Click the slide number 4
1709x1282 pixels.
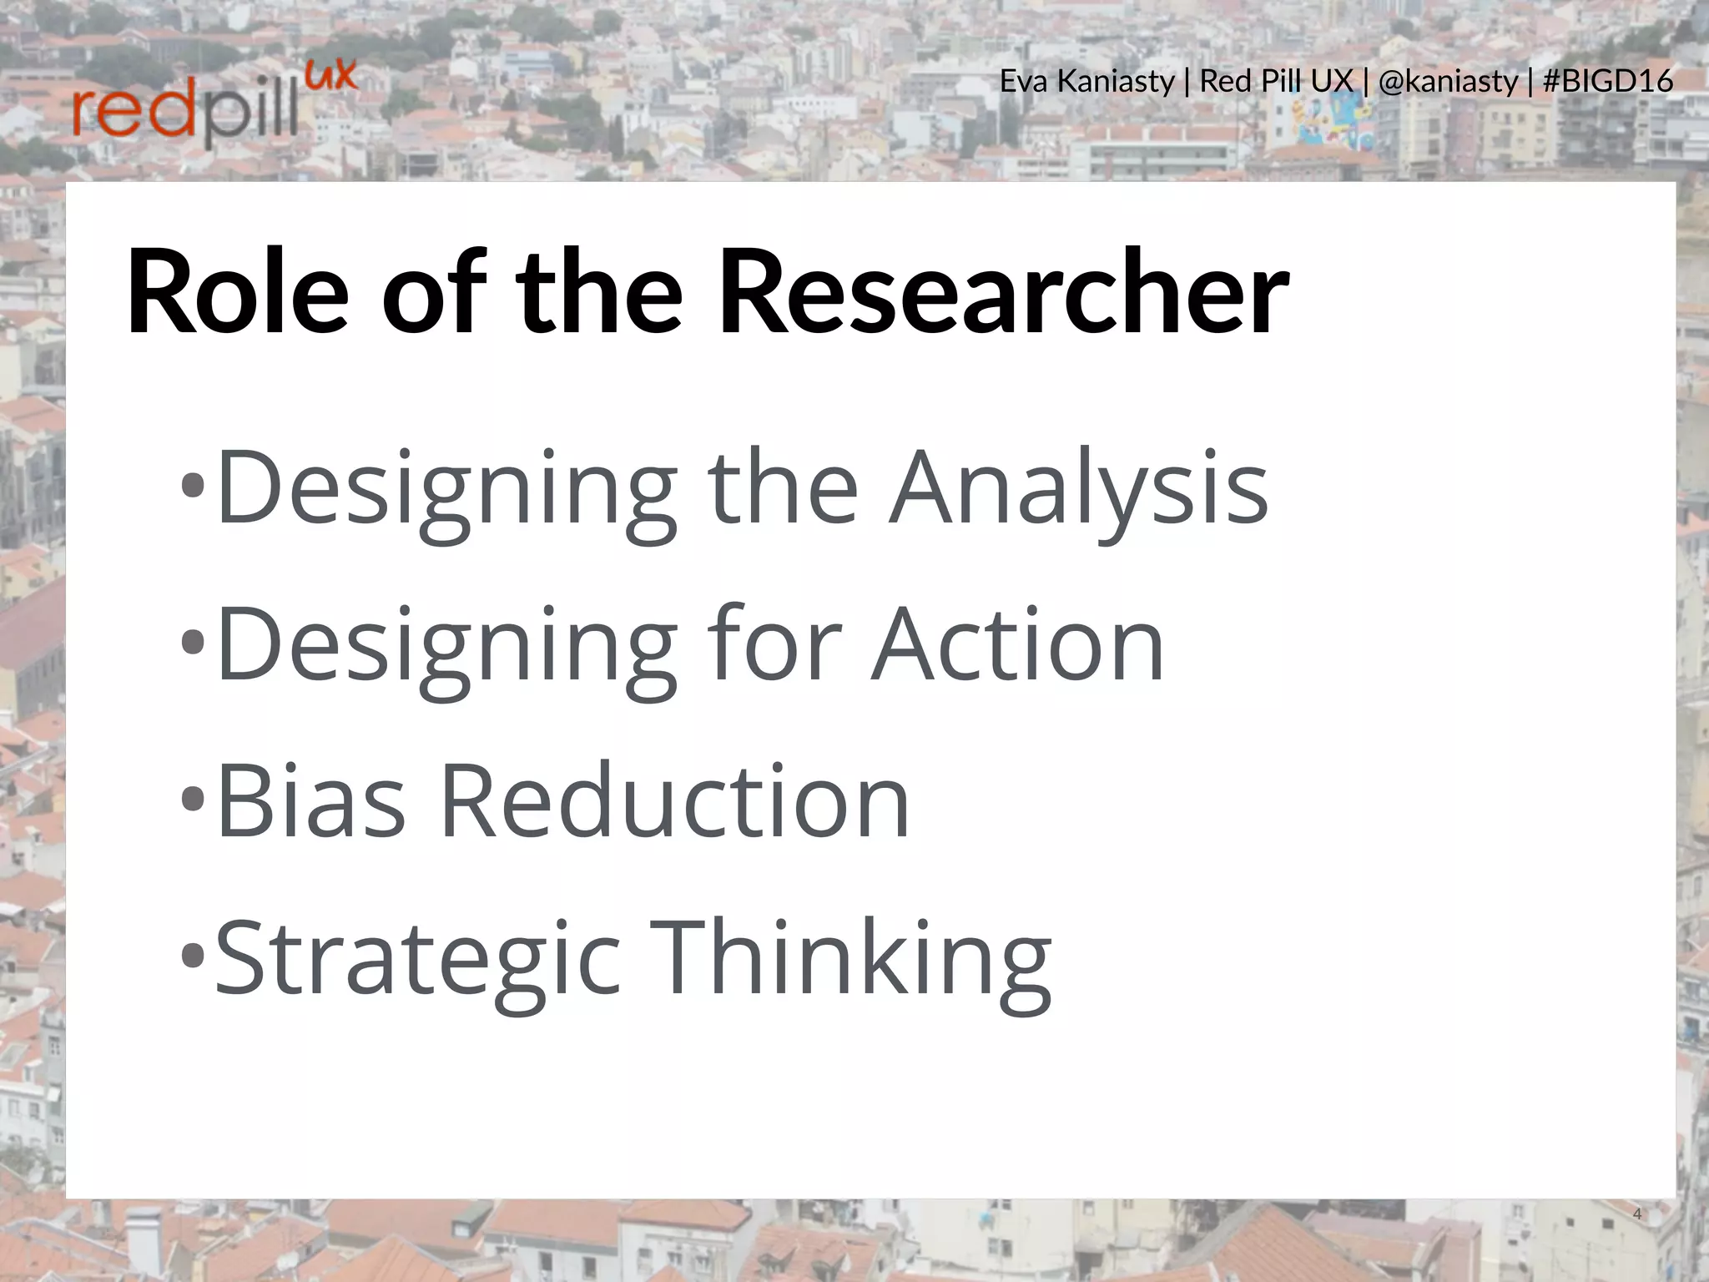(x=1636, y=1214)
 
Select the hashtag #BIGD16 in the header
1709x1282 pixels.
(x=1607, y=82)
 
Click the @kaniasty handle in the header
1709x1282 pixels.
(x=1448, y=82)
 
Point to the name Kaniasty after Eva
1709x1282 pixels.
(x=1116, y=82)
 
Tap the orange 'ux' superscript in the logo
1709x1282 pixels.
(x=331, y=77)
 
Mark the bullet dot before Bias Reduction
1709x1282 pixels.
(x=193, y=799)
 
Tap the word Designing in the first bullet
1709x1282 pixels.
(x=446, y=487)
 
